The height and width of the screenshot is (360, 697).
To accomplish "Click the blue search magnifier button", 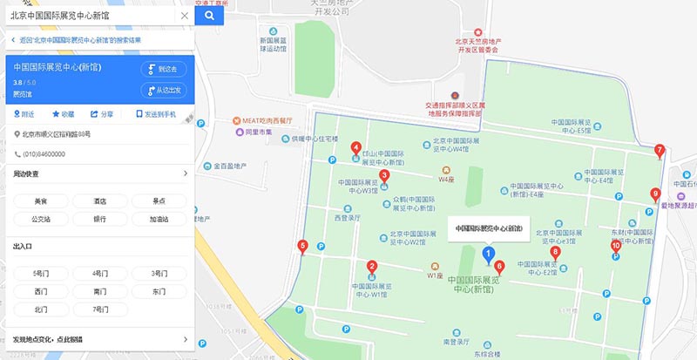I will point(209,15).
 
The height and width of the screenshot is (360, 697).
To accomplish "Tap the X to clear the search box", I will point(184,15).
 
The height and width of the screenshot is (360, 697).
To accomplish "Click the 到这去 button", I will point(163,69).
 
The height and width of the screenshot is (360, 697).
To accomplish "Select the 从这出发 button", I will point(163,90).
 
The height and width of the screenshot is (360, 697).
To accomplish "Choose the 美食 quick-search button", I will point(40,201).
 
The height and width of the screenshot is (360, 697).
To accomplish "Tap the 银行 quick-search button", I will point(99,220).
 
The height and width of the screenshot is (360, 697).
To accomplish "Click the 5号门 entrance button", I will point(40,274).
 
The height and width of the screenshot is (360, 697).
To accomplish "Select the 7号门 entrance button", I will point(99,309).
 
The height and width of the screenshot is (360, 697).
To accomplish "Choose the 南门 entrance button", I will point(99,292).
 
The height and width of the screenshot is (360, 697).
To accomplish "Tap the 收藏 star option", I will point(63,114).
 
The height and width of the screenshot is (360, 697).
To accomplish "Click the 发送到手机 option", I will point(156,114).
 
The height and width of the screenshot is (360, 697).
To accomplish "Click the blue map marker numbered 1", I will point(487,254).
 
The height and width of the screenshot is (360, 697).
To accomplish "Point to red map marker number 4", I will point(355,148).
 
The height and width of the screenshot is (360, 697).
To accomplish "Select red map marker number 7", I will point(660,150).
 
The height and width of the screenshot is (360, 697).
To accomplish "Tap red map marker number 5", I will point(302,246).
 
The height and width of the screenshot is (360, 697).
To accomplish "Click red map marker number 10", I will point(616,247).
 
